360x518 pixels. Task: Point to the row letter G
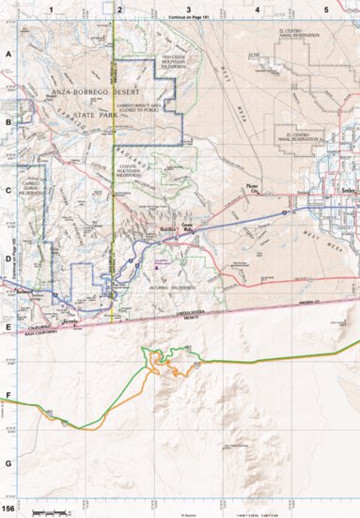[x=8, y=463]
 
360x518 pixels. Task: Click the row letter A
[x=8, y=55]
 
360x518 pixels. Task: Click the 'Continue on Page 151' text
[x=188, y=17]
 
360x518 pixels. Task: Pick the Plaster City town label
[x=251, y=186]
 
